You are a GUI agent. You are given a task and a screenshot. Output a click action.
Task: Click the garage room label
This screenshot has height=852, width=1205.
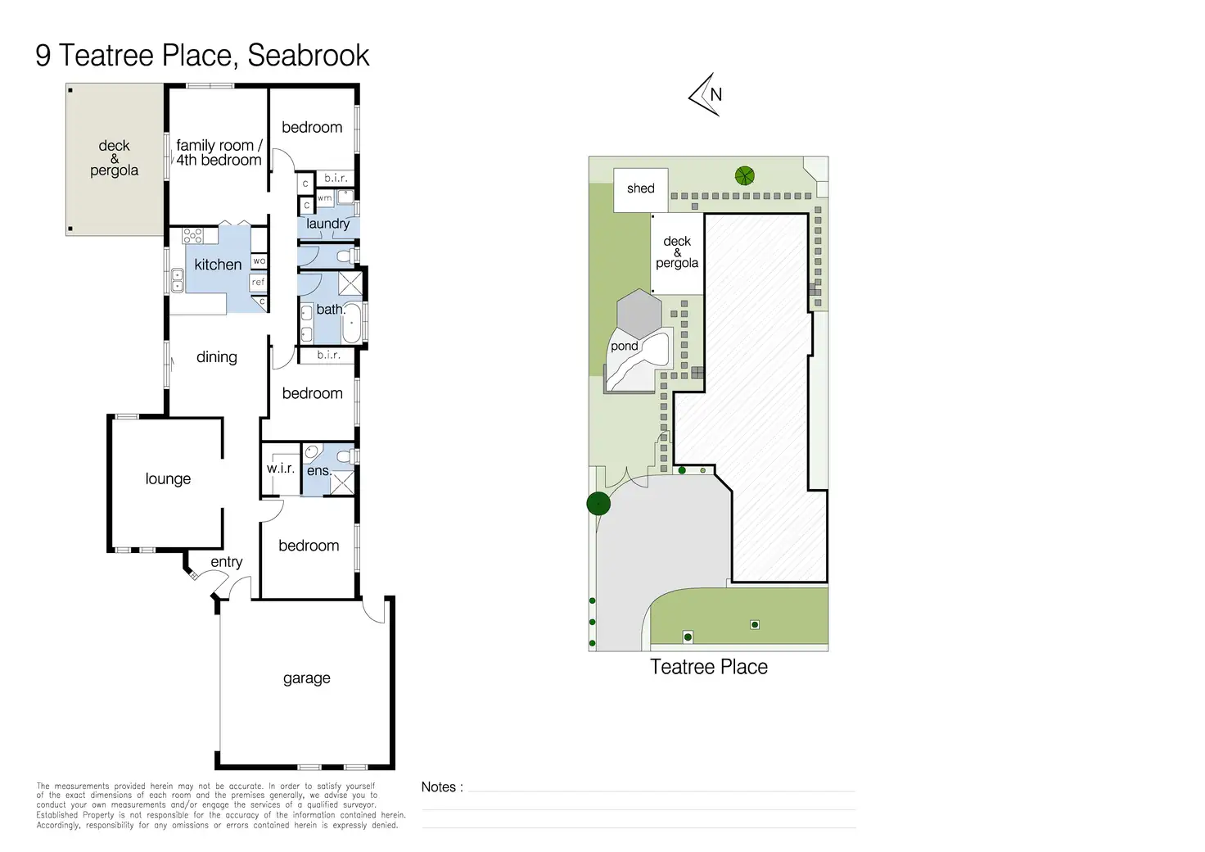306,678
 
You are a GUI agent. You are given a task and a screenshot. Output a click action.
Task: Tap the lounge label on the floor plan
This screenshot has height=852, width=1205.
168,479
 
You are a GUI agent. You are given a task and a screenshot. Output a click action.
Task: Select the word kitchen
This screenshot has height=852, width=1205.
218,265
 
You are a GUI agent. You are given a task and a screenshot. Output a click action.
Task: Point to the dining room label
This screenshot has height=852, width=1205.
217,357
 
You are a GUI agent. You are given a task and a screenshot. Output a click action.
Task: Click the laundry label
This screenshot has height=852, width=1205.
327,224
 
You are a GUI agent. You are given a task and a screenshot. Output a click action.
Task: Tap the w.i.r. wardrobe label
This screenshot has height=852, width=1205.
280,469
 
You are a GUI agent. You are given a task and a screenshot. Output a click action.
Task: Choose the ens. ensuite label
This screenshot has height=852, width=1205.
318,471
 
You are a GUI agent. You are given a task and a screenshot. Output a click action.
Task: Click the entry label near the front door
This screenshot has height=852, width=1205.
227,562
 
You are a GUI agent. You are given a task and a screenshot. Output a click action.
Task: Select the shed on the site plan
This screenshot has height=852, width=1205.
640,189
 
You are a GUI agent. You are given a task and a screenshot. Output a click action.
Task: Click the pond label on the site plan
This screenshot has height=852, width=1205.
624,347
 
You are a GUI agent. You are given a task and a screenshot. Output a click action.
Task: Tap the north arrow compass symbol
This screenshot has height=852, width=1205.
706,95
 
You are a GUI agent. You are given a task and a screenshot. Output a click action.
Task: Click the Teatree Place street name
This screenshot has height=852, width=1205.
709,667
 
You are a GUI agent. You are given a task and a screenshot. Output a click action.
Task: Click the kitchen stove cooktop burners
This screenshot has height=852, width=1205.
192,236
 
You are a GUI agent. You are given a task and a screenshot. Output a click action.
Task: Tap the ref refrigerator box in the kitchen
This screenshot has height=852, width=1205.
259,283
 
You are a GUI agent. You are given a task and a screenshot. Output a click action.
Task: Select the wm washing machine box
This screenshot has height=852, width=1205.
325,198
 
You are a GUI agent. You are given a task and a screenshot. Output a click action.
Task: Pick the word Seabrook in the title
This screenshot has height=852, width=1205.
309,56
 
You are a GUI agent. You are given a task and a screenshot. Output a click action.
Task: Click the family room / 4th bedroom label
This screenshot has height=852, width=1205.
219,153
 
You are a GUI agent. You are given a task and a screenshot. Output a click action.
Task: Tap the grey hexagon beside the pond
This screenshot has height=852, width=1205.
639,311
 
